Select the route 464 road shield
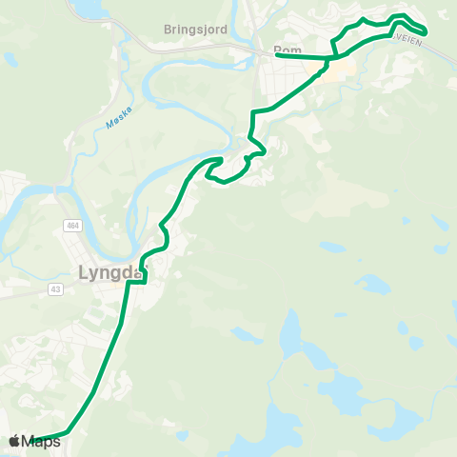point(72,226)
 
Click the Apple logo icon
point(14,441)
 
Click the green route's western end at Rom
point(277,55)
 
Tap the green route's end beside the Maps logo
point(35,440)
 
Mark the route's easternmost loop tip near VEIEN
point(424,32)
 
